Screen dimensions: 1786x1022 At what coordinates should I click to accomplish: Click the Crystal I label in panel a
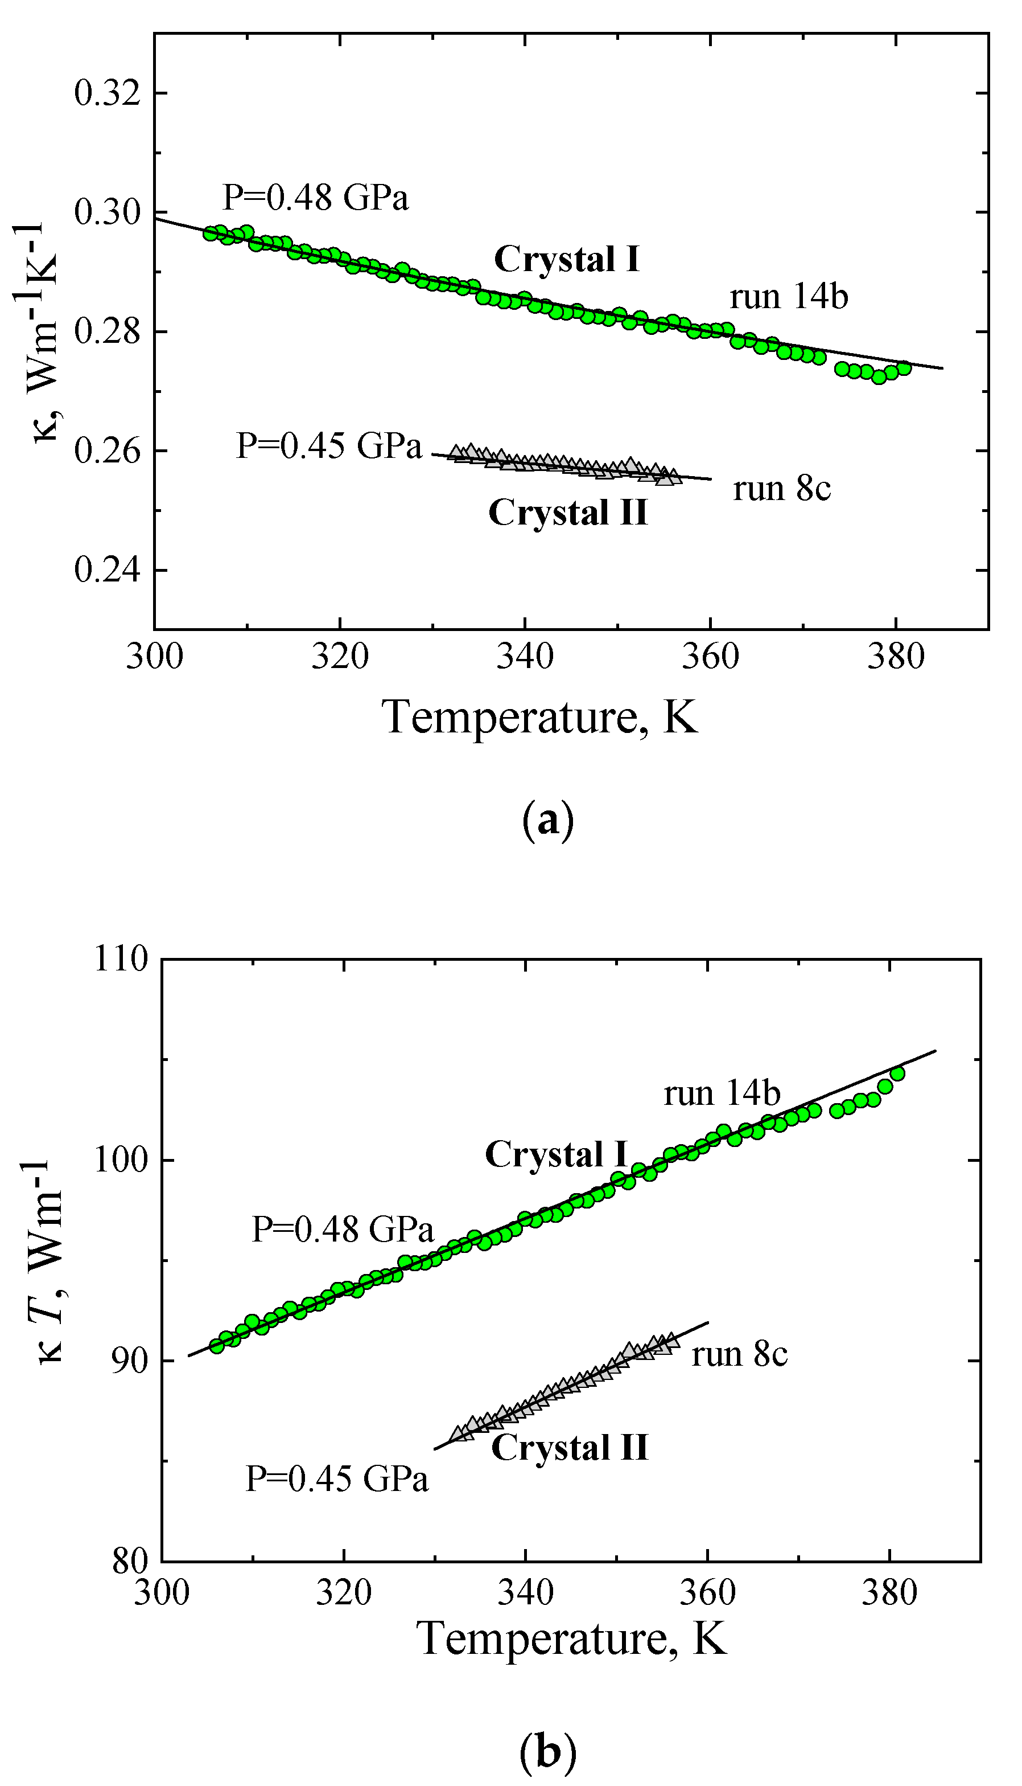pyautogui.click(x=567, y=260)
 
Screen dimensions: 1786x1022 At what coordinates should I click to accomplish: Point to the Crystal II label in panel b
pyautogui.click(x=569, y=1448)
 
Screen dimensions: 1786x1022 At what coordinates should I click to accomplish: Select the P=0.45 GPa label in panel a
pyautogui.click(x=328, y=445)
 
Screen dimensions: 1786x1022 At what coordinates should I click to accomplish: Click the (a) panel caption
pyautogui.click(x=548, y=819)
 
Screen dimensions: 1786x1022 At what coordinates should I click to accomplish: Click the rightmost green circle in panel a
pyautogui.click(x=904, y=368)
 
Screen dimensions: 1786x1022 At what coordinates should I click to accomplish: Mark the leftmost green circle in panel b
pyautogui.click(x=217, y=1346)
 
